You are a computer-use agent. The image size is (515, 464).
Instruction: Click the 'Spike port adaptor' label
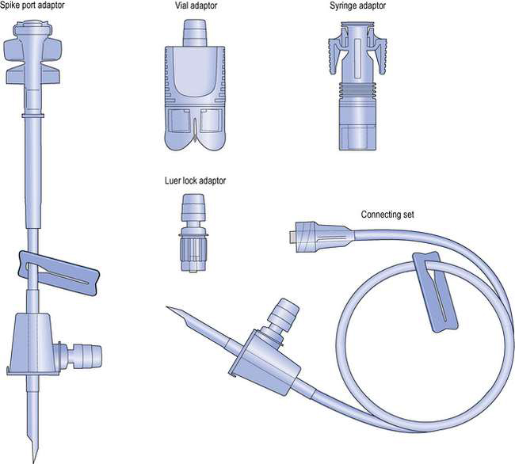[32, 6]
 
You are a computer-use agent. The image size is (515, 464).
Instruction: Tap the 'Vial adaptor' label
[196, 6]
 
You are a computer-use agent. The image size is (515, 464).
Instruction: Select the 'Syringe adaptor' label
[357, 6]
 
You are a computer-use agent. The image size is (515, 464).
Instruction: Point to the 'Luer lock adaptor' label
[195, 181]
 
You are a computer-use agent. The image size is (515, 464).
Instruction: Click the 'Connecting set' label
[387, 215]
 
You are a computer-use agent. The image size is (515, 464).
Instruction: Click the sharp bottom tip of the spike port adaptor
[33, 462]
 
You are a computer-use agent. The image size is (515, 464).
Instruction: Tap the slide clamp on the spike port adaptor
[59, 273]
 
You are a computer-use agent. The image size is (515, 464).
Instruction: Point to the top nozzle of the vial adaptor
[195, 32]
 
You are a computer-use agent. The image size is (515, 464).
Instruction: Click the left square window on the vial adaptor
[178, 121]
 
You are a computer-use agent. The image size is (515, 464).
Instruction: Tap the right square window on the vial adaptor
[210, 121]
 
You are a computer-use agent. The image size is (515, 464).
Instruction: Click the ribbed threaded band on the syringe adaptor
[357, 89]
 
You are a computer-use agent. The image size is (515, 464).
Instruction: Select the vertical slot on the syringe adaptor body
[357, 59]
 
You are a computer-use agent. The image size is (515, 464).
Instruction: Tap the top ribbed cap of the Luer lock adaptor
[194, 207]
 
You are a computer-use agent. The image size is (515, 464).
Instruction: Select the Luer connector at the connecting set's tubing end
[306, 237]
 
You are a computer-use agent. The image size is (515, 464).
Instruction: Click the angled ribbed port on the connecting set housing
[284, 315]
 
